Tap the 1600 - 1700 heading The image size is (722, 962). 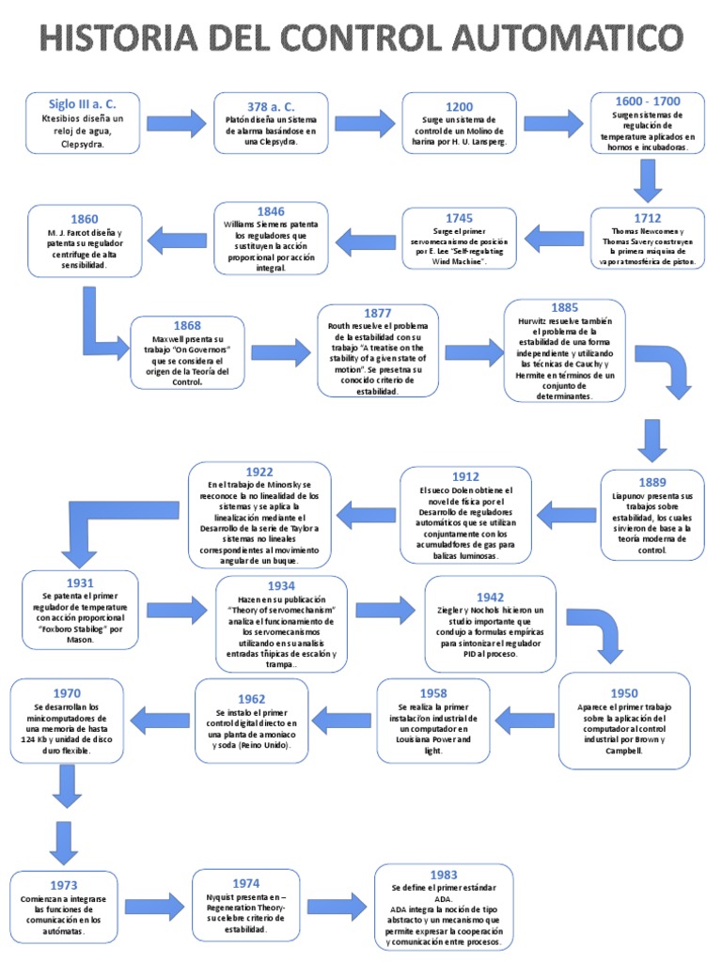pos(648,102)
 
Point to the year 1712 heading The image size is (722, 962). pos(648,218)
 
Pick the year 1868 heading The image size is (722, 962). pos(186,326)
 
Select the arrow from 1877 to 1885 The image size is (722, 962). pos(473,352)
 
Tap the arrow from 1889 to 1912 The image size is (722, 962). pos(564,513)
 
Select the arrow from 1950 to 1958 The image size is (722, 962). pos(524,721)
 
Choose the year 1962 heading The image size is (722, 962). pos(251,698)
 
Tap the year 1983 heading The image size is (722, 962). pos(444,875)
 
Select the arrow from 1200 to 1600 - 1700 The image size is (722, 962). pos(553,122)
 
